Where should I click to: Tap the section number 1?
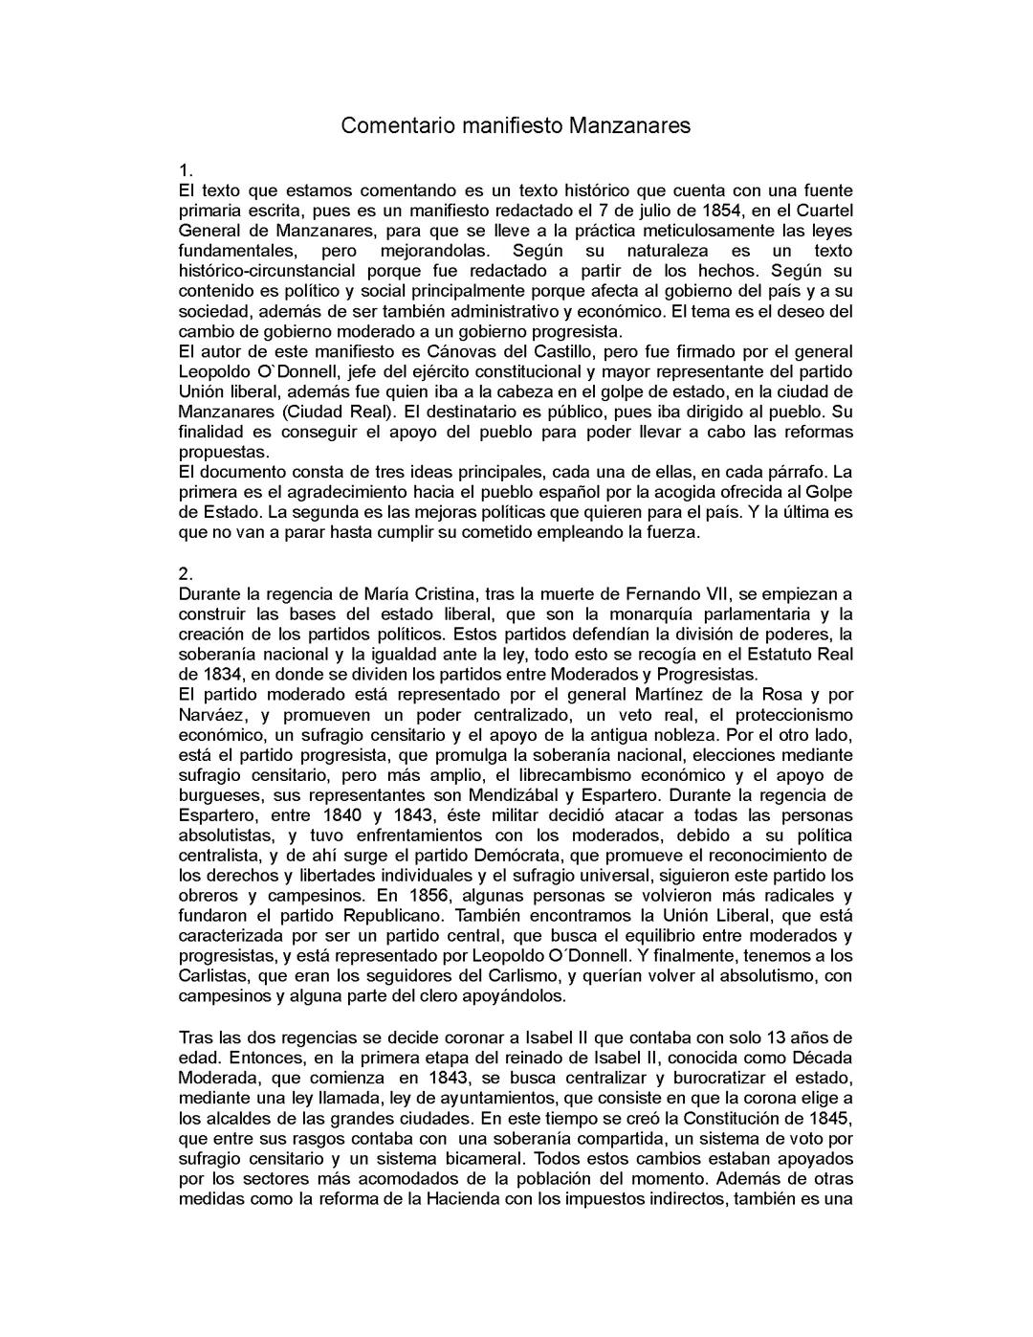click(x=186, y=170)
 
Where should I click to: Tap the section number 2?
click(x=186, y=574)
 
